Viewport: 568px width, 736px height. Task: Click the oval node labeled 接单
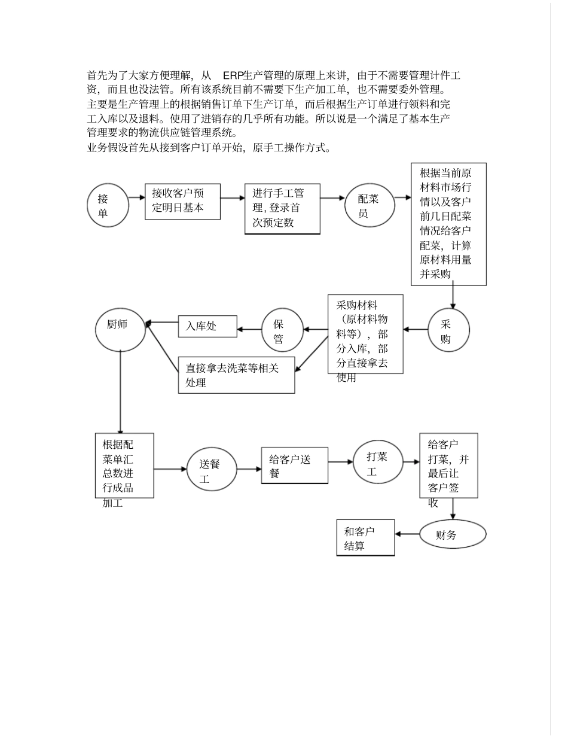(x=108, y=205)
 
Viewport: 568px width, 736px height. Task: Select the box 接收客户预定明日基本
(x=182, y=201)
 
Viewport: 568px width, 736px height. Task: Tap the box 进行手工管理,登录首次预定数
(x=282, y=209)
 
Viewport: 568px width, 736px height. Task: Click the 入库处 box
(x=207, y=326)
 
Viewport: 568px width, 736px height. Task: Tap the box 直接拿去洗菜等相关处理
(x=236, y=375)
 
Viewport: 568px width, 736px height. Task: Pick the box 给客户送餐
(x=294, y=466)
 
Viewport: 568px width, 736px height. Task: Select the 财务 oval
(x=452, y=534)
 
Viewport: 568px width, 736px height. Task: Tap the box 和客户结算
(x=365, y=538)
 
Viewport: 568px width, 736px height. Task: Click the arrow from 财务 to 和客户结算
(x=407, y=534)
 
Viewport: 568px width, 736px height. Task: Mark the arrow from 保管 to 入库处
(x=250, y=329)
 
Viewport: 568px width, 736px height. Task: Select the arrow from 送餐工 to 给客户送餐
(x=249, y=469)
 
